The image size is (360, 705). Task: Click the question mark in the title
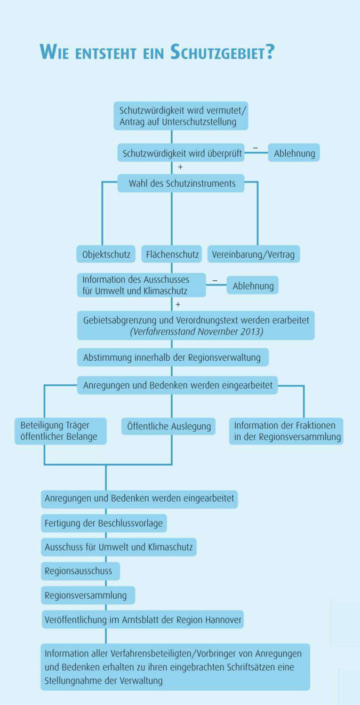[x=270, y=51]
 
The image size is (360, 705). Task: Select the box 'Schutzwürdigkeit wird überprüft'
[x=181, y=153]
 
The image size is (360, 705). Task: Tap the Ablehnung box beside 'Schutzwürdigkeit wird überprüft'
[x=294, y=153]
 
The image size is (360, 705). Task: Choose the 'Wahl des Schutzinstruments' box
[x=181, y=183]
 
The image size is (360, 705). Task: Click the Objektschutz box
[x=106, y=254]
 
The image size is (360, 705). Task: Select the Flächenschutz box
[x=172, y=254]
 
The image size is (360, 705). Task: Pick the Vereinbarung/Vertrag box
[x=253, y=254]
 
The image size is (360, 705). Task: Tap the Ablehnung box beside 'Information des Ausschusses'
[x=253, y=285]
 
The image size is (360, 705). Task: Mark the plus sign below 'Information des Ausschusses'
[x=178, y=305]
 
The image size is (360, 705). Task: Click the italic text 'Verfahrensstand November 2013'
[x=196, y=332]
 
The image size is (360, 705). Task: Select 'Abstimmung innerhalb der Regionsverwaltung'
[x=172, y=357]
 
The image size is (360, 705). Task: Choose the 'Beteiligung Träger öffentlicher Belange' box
[x=60, y=431]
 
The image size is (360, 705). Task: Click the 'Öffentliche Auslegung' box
[x=168, y=427]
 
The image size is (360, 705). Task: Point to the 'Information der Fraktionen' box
[x=286, y=431]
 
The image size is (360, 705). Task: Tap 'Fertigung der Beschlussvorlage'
[x=104, y=523]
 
